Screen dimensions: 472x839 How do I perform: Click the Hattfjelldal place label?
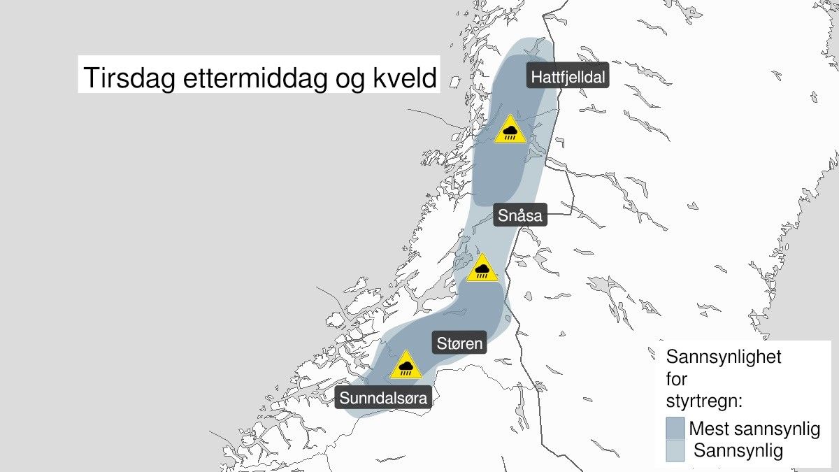coord(567,77)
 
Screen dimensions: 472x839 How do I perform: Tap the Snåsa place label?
coord(519,216)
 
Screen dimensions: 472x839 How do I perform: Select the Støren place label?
coord(460,343)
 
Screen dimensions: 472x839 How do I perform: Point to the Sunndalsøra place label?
coord(384,398)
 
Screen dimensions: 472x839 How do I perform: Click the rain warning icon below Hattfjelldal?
coord(510,130)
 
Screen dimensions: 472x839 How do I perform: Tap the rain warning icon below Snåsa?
coord(482,269)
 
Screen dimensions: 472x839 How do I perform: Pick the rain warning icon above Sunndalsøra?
coord(406,366)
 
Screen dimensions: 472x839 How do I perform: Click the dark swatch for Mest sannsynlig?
coord(675,427)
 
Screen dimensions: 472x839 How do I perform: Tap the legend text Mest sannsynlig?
coord(754,428)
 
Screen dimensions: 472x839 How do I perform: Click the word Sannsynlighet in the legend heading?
coord(724,357)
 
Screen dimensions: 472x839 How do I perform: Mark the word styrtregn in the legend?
coord(700,403)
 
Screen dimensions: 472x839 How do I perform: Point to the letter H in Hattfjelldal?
coord(536,77)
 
